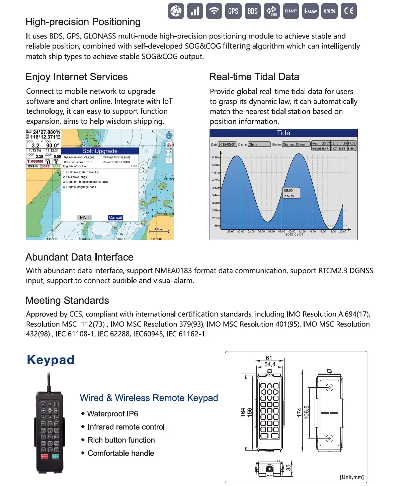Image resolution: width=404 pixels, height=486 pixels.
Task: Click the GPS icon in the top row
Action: [233, 11]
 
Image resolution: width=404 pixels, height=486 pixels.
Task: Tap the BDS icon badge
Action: [252, 11]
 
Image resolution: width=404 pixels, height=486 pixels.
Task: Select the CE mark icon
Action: [349, 11]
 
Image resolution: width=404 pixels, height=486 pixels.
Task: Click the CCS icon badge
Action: [329, 11]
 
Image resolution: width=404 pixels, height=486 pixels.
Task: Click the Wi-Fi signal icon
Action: [214, 11]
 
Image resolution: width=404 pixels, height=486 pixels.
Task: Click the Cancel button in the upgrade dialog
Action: [115, 217]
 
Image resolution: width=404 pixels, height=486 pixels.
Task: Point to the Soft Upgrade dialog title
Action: [100, 151]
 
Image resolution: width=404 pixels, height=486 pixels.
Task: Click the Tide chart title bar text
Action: [284, 133]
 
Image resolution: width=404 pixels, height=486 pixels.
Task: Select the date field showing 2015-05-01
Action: [227, 144]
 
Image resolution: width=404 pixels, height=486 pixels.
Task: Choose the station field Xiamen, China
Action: [296, 144]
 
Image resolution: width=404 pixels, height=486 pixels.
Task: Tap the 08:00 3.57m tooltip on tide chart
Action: [291, 193]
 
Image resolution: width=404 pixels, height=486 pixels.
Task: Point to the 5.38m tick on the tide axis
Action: [216, 157]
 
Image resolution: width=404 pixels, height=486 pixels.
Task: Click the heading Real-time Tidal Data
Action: [254, 77]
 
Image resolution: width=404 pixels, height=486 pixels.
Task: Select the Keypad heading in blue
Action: [51, 360]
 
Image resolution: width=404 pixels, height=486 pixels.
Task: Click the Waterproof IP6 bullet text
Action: [112, 414]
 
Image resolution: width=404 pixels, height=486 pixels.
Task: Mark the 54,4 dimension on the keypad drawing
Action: [270, 364]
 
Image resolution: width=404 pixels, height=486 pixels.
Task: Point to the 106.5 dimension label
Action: [307, 412]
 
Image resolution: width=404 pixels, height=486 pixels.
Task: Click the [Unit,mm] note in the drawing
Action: [351, 477]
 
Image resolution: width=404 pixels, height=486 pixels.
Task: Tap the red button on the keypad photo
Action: [45, 456]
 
